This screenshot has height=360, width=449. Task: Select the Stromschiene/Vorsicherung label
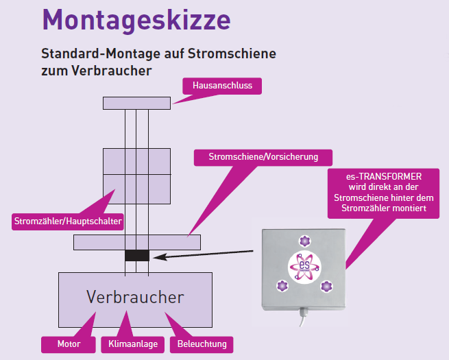coord(263,157)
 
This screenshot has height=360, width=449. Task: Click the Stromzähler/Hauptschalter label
coord(68,221)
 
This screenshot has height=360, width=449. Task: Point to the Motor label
coord(69,344)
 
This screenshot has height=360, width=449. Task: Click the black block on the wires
coord(136,256)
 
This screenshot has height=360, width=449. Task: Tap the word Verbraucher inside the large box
coord(135,297)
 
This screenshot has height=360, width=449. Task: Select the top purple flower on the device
coord(304,240)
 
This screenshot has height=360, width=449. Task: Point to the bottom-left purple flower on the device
coord(280,286)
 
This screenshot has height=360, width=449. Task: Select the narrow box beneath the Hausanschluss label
coord(136,103)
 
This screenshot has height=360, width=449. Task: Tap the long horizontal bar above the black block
coord(136,242)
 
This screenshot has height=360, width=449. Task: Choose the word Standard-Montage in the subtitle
coord(89,53)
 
